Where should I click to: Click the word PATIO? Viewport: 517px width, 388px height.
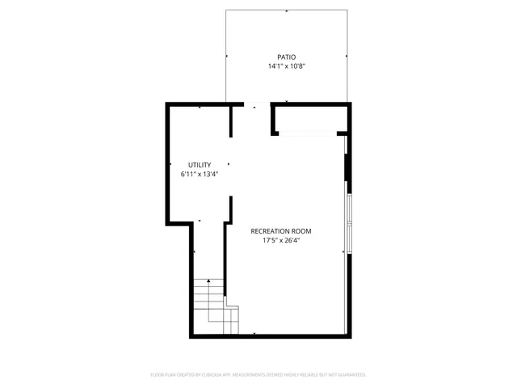tap(286, 57)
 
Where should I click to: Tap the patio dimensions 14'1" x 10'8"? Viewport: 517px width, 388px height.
tap(286, 66)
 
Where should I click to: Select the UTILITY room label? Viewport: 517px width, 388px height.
tap(200, 165)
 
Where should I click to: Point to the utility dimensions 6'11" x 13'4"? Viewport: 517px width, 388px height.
tap(200, 174)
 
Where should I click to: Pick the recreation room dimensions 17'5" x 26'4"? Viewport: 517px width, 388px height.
tap(286, 240)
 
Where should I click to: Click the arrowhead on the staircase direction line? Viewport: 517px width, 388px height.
tap(209, 280)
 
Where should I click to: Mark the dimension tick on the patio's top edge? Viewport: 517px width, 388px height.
tap(287, 11)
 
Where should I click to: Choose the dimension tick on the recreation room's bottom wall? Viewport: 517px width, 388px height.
tap(255, 333)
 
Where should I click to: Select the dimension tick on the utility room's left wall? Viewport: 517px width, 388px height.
tap(170, 165)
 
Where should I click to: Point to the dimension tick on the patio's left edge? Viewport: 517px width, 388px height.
tap(227, 57)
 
